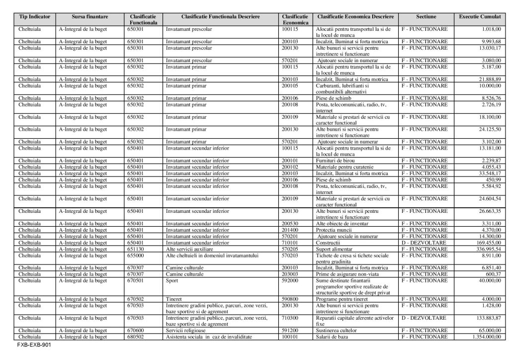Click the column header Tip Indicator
point(35,16)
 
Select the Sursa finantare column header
point(89,16)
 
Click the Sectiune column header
point(426,16)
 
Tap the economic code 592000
point(290,280)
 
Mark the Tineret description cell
point(174,299)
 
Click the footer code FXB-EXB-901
point(33,344)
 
